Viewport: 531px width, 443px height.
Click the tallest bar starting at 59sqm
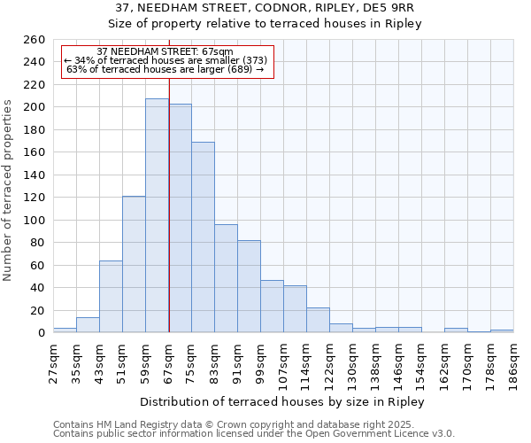(157, 215)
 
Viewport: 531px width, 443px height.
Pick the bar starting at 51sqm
(134, 264)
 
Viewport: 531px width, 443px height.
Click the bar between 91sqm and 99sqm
(249, 286)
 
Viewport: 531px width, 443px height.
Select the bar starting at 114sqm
(318, 320)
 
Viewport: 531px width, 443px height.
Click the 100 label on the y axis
(34, 220)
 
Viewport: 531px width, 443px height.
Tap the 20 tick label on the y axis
(37, 310)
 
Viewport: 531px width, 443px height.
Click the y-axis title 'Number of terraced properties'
(8, 190)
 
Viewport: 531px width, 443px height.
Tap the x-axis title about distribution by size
(282, 402)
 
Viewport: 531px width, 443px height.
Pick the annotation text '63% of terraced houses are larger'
(165, 69)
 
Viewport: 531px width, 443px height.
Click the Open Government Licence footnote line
(254, 433)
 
